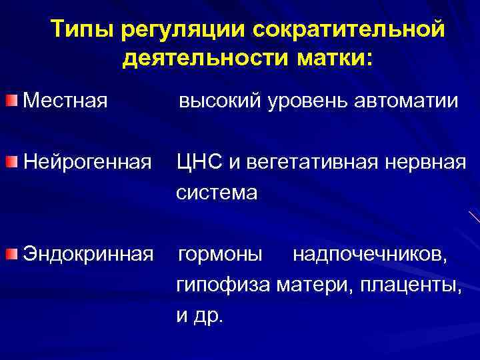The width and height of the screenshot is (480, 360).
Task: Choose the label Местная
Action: coord(65,101)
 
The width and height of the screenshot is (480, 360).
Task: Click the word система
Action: coord(216,193)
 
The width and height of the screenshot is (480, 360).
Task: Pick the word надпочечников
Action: coord(370,255)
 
